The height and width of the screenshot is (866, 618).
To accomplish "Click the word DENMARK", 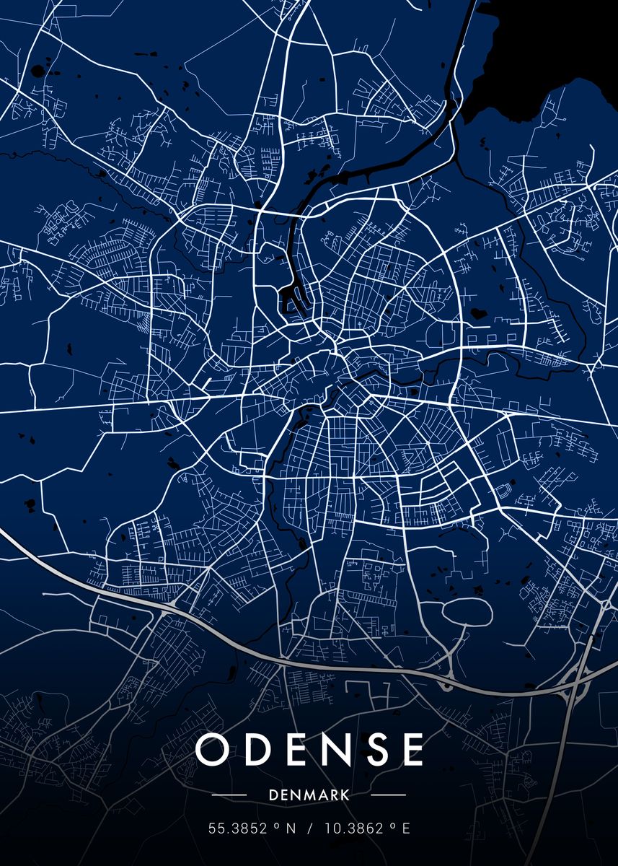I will (x=309, y=795).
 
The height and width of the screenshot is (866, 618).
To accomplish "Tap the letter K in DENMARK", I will (x=346, y=795).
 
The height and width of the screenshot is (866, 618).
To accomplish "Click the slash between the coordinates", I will (x=309, y=829).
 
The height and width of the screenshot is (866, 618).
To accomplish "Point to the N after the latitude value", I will (x=291, y=829).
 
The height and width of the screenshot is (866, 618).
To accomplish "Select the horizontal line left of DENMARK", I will (x=230, y=795).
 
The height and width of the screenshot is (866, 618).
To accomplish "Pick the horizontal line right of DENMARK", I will (x=387, y=795).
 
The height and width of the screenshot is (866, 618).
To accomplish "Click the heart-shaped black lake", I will (x=477, y=315).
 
